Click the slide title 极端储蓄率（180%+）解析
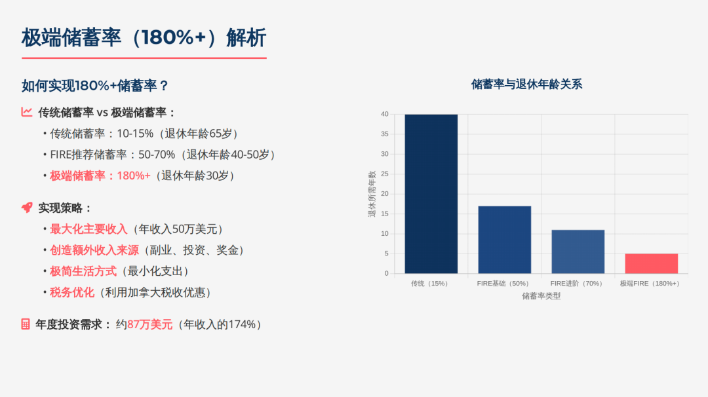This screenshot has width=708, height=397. (144, 37)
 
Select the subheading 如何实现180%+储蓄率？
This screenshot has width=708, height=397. (95, 86)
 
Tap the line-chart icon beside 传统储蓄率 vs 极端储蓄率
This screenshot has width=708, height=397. (27, 112)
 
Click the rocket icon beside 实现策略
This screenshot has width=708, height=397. (27, 208)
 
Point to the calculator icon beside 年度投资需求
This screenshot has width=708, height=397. (26, 324)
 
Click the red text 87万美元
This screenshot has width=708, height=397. (149, 324)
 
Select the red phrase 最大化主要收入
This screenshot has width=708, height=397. (88, 229)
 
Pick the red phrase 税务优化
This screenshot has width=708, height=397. (72, 292)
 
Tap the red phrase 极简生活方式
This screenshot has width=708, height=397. (83, 271)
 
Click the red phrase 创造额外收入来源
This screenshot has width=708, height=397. (94, 250)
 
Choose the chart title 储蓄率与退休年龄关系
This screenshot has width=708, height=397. (526, 84)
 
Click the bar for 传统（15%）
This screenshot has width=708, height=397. (431, 194)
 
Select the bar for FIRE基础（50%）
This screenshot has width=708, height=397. (504, 240)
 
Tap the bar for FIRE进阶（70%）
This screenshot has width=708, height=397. (578, 252)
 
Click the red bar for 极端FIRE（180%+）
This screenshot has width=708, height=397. (651, 263)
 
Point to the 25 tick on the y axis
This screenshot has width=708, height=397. (385, 174)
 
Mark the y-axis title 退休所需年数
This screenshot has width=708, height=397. (372, 194)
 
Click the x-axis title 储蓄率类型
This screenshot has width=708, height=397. (541, 296)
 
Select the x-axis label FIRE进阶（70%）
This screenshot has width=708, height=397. (577, 284)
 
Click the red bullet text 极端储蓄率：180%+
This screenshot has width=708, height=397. (100, 176)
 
